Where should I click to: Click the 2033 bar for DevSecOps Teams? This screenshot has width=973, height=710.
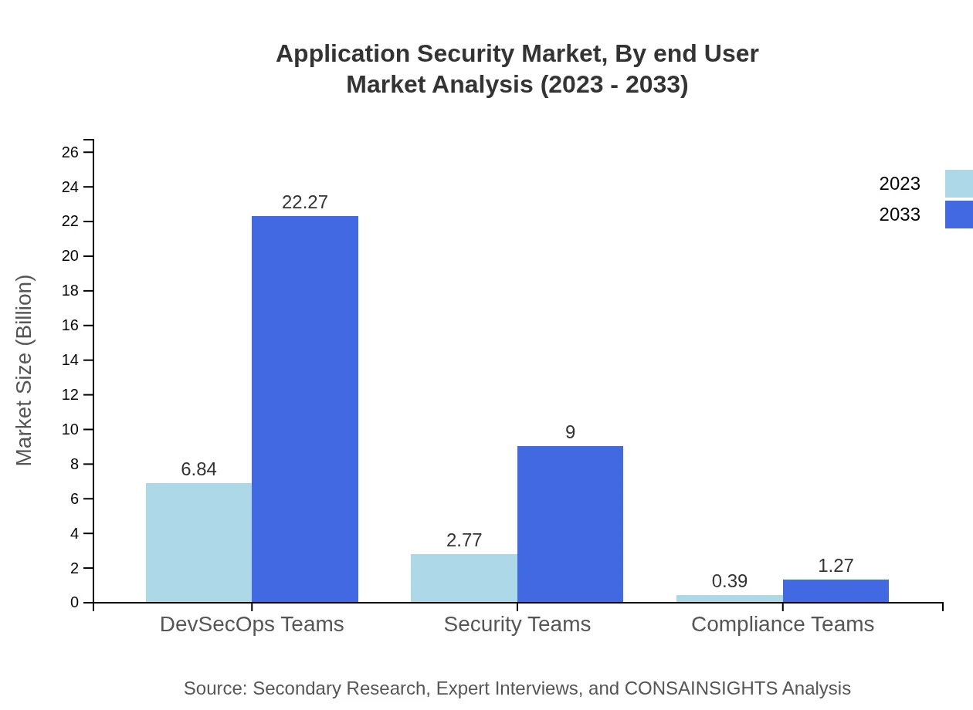(x=305, y=409)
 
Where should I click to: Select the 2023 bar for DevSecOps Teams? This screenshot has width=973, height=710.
(x=198, y=543)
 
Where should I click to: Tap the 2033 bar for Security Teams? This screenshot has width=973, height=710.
(x=570, y=524)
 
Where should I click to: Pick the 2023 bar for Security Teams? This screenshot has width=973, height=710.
(x=463, y=578)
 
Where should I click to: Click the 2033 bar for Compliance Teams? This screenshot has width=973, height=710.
(x=836, y=591)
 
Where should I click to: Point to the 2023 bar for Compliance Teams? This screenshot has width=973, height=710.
(x=729, y=599)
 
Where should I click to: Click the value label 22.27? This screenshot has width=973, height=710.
(x=305, y=202)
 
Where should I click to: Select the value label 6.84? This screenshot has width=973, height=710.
(x=198, y=469)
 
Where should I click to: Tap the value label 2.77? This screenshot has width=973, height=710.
(x=464, y=540)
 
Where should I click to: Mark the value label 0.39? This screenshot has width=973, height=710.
(x=729, y=581)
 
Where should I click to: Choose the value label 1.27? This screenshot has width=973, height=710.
(x=836, y=566)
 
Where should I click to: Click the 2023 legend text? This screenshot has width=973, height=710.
(x=900, y=184)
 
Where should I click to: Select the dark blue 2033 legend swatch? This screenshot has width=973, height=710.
(x=958, y=215)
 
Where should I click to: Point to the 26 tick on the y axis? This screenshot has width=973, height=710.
(x=70, y=152)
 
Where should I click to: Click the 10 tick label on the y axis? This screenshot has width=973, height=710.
(x=70, y=429)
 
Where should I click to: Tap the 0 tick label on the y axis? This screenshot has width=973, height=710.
(x=75, y=603)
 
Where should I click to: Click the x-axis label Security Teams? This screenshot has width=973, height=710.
(x=517, y=624)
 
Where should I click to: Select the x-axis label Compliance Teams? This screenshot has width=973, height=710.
(x=782, y=624)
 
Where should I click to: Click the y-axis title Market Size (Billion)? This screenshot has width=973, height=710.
(x=24, y=370)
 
